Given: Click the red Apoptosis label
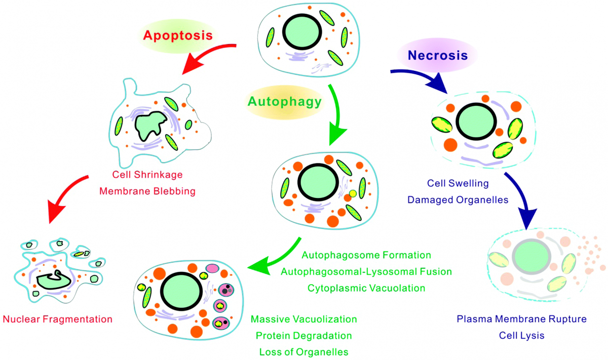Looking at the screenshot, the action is point(178,35).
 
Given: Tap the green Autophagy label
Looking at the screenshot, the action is point(285,102).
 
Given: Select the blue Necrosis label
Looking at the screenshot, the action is point(438,55).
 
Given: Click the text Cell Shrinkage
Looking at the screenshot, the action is point(147,175).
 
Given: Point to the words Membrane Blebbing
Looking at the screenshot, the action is point(147,191).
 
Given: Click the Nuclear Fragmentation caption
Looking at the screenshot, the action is point(58,319).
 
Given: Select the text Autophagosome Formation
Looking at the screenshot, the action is point(366,255).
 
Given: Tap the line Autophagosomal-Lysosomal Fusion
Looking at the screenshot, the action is point(366,271).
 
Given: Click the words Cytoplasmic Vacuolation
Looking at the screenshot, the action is point(366,288).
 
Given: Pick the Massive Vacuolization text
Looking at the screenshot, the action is point(303,319).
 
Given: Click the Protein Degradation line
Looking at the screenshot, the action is point(303,336).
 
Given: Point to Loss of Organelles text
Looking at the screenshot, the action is point(303,352).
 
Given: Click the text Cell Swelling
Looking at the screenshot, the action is point(458,183).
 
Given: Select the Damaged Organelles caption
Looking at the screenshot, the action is point(458,200).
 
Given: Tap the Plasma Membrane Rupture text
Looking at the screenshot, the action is point(522,319).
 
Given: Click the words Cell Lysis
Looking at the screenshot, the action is point(522,336).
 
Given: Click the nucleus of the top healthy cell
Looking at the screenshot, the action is point(302,32).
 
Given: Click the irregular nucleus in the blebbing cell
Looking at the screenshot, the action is point(150,126).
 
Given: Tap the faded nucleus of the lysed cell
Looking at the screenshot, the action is point(531,257).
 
